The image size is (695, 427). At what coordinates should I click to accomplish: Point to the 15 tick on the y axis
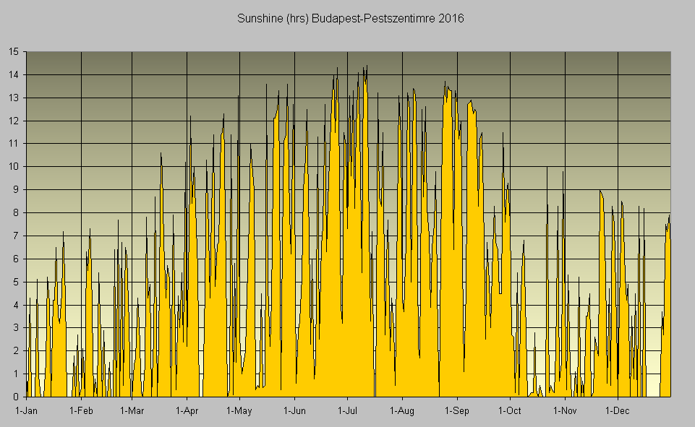pyautogui.click(x=14, y=51)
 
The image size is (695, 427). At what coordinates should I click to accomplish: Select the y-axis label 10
pyautogui.click(x=14, y=166)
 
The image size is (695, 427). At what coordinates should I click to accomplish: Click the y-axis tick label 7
pyautogui.click(x=17, y=236)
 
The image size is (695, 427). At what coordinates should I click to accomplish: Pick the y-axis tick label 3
pyautogui.click(x=17, y=327)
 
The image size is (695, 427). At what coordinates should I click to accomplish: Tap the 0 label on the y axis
pyautogui.click(x=17, y=397)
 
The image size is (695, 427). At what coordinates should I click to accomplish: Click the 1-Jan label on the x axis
pyautogui.click(x=27, y=411)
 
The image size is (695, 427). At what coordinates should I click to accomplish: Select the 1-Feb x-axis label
pyautogui.click(x=81, y=411)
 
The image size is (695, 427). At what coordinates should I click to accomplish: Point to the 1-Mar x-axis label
pyautogui.click(x=132, y=411)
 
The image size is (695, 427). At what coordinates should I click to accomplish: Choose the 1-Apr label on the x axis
pyautogui.click(x=187, y=411)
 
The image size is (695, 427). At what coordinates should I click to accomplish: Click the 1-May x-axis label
pyautogui.click(x=239, y=411)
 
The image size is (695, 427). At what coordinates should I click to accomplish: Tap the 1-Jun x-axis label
pyautogui.click(x=294, y=411)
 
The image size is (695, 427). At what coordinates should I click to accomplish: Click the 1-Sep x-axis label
pyautogui.click(x=456, y=411)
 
